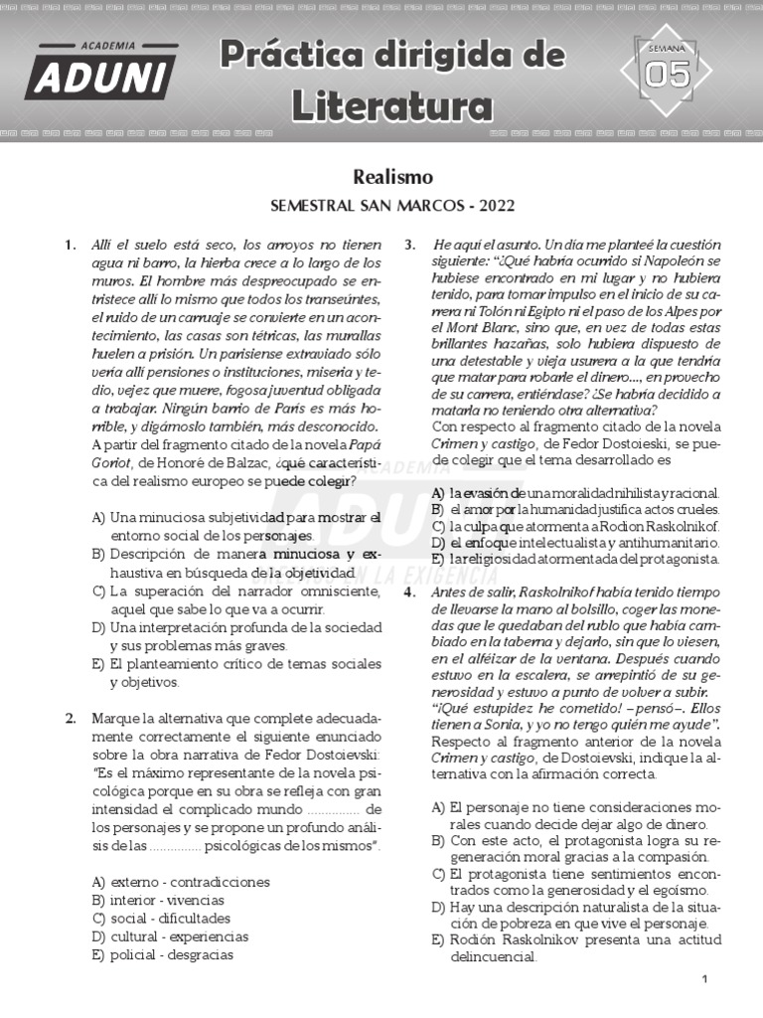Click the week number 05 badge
pos(667,73)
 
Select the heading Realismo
pos(392,177)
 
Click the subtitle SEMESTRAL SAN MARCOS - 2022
pos(392,207)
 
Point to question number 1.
pos(71,245)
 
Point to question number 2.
pos(71,718)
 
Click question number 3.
pos(410,245)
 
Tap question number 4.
pos(410,592)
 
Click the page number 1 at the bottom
pos(704,980)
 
